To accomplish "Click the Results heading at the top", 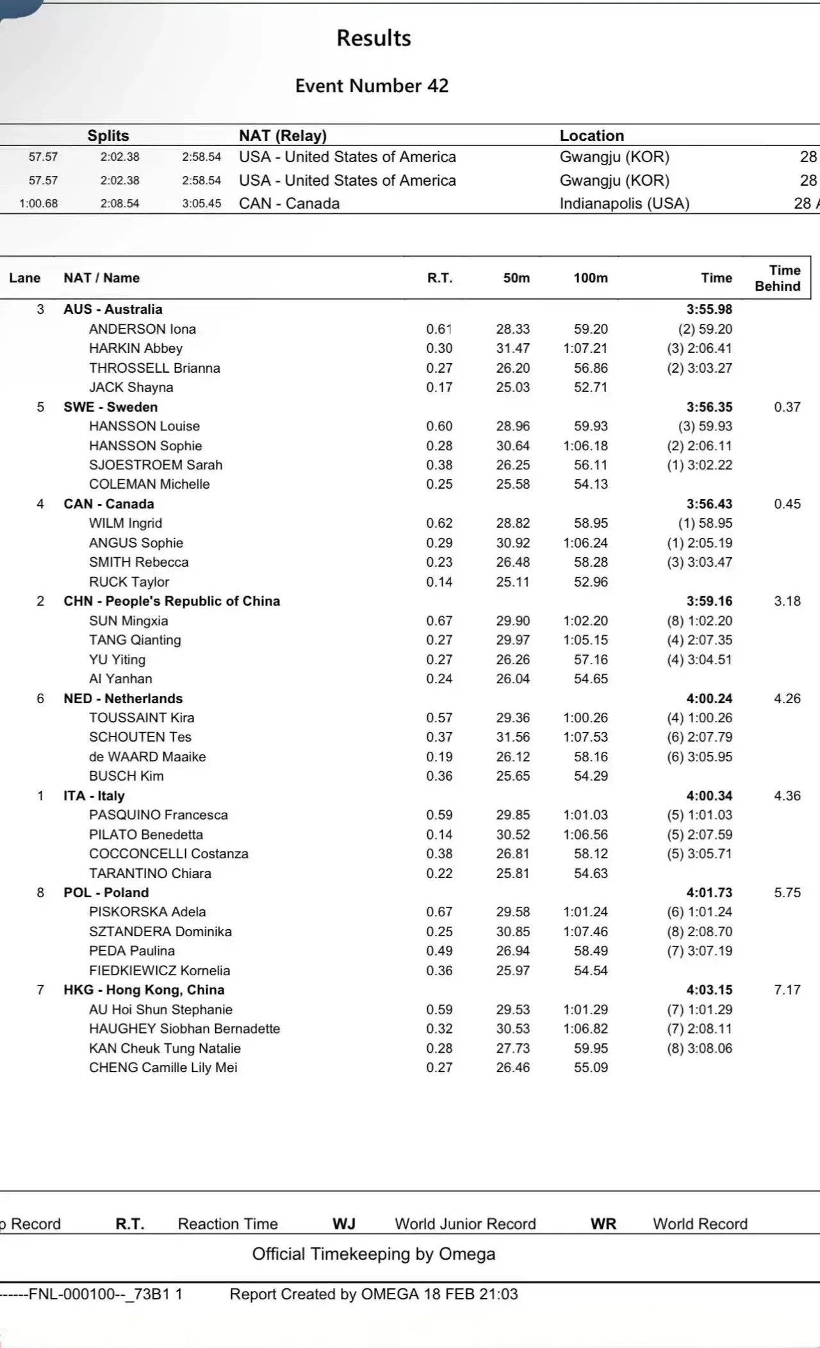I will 373,38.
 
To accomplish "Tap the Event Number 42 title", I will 372,86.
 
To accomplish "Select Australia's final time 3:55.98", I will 709,309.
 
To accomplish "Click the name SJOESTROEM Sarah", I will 156,465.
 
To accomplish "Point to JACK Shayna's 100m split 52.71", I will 591,387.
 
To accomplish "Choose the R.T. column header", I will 439,278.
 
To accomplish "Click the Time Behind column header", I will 778,278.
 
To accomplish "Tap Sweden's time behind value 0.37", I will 787,407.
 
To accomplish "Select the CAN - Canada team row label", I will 108,504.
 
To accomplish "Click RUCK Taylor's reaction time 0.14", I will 439,582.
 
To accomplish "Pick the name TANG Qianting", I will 135,640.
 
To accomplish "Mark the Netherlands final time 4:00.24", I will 709,699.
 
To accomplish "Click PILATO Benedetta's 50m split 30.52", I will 512,834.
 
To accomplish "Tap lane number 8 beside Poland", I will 40,893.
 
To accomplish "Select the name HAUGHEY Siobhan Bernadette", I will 184,1028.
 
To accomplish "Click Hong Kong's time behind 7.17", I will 787,990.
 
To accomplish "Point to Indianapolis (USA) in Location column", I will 625,204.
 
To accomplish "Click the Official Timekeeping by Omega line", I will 373,1254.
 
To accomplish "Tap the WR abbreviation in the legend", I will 603,1224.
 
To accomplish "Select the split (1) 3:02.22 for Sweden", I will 700,465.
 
